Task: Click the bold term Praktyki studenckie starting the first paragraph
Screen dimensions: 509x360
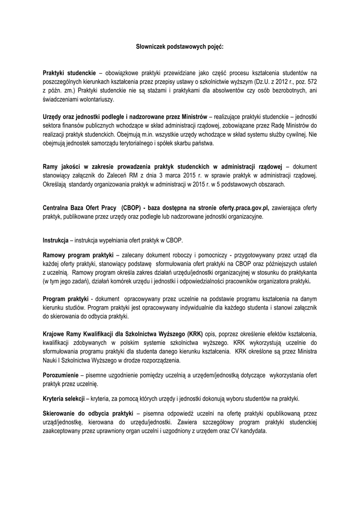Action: coord(69,73)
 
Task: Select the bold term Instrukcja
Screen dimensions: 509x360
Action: coord(55,240)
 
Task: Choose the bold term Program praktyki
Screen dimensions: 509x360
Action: coord(65,299)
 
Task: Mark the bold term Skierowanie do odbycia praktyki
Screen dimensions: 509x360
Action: coord(88,413)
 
